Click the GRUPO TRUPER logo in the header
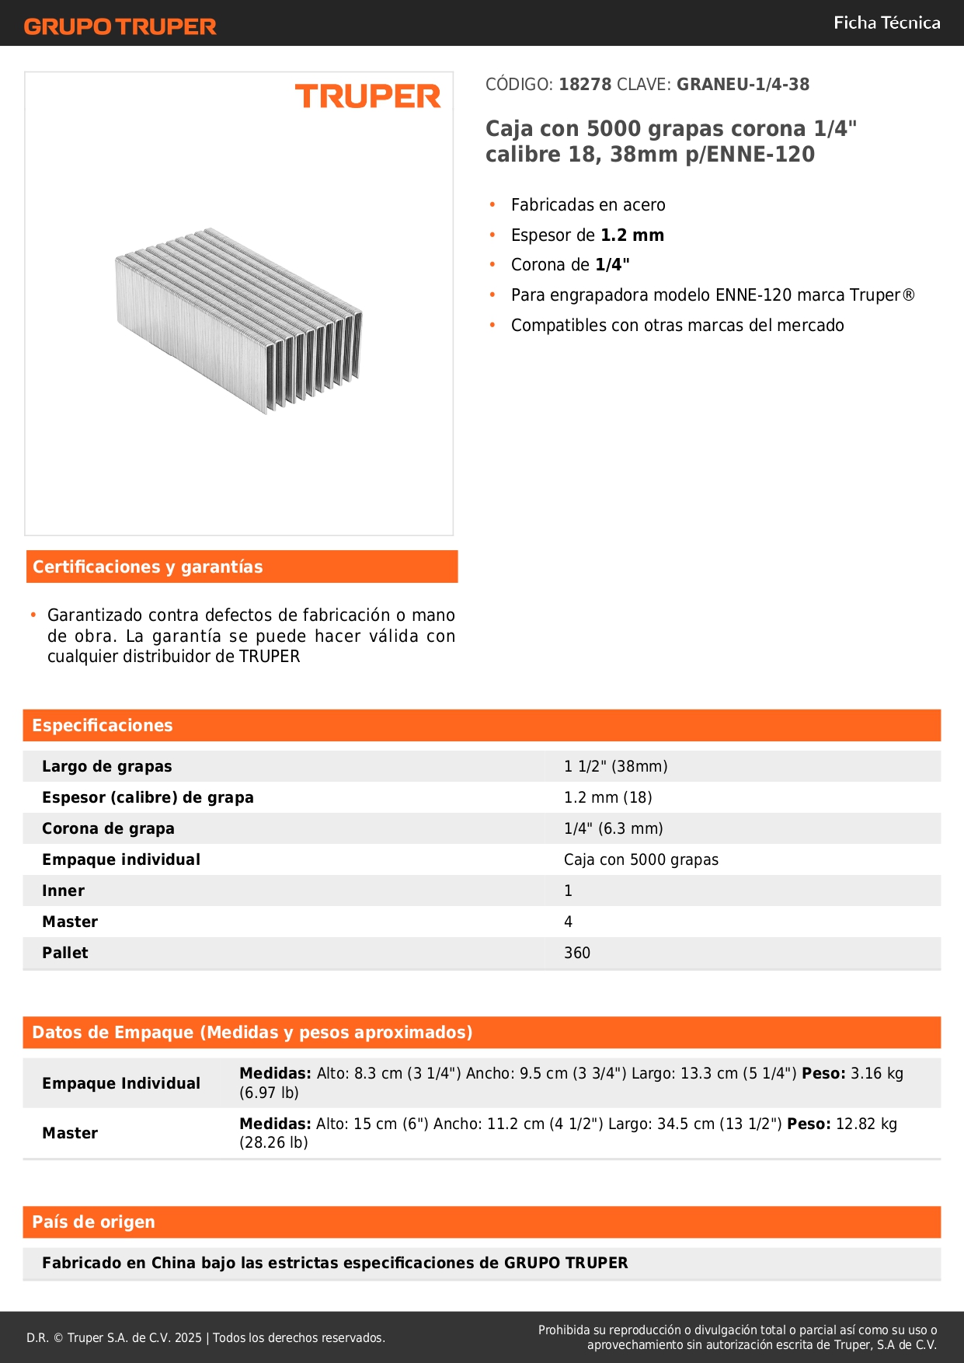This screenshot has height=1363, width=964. (120, 26)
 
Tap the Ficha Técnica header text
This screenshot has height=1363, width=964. (886, 23)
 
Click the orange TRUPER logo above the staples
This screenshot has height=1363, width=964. (367, 96)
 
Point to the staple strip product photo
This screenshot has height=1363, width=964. (239, 319)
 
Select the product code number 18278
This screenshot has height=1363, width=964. (585, 85)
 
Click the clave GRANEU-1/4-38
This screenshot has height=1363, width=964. (743, 85)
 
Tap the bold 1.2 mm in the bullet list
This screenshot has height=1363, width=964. (632, 235)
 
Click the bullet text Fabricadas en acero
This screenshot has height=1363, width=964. (588, 205)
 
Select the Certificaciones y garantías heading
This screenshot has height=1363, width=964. (148, 567)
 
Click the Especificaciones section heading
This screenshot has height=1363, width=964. (103, 726)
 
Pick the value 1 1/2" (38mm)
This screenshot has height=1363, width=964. (615, 767)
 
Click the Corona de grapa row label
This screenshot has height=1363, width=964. (108, 829)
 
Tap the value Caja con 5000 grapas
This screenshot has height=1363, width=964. (641, 860)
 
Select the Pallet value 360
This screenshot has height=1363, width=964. (577, 953)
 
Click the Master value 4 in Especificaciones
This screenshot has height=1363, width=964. (568, 922)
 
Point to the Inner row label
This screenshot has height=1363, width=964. (63, 891)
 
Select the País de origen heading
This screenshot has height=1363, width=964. (93, 1222)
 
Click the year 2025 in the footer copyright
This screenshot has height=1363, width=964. (188, 1338)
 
